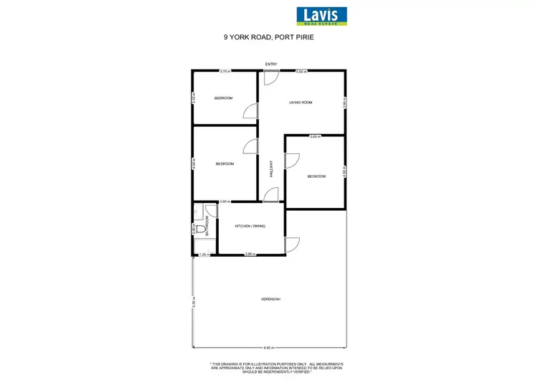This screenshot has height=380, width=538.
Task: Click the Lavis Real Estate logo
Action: click(321, 16)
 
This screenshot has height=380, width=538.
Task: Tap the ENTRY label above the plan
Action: click(271, 65)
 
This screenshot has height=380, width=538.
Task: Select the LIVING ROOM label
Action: click(301, 103)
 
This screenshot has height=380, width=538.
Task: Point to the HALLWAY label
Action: click(272, 168)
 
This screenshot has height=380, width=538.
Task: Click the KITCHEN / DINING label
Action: click(250, 226)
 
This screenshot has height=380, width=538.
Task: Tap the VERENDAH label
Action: click(270, 298)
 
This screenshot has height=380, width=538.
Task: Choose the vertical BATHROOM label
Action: click(207, 227)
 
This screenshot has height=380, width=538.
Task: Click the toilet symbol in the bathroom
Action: click(199, 229)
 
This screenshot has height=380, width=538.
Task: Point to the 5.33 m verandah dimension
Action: click(193, 302)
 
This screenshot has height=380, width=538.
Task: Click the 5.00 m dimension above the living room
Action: click(301, 71)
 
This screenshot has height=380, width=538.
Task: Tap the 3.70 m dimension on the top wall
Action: click(225, 71)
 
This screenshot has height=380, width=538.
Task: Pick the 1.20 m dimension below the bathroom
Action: click(203, 255)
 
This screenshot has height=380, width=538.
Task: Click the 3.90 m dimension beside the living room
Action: click(345, 102)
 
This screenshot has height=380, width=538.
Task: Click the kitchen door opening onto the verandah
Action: click(292, 244)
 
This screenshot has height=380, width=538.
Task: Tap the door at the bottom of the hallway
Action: click(270, 194)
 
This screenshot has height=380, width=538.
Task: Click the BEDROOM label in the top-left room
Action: click(223, 98)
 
